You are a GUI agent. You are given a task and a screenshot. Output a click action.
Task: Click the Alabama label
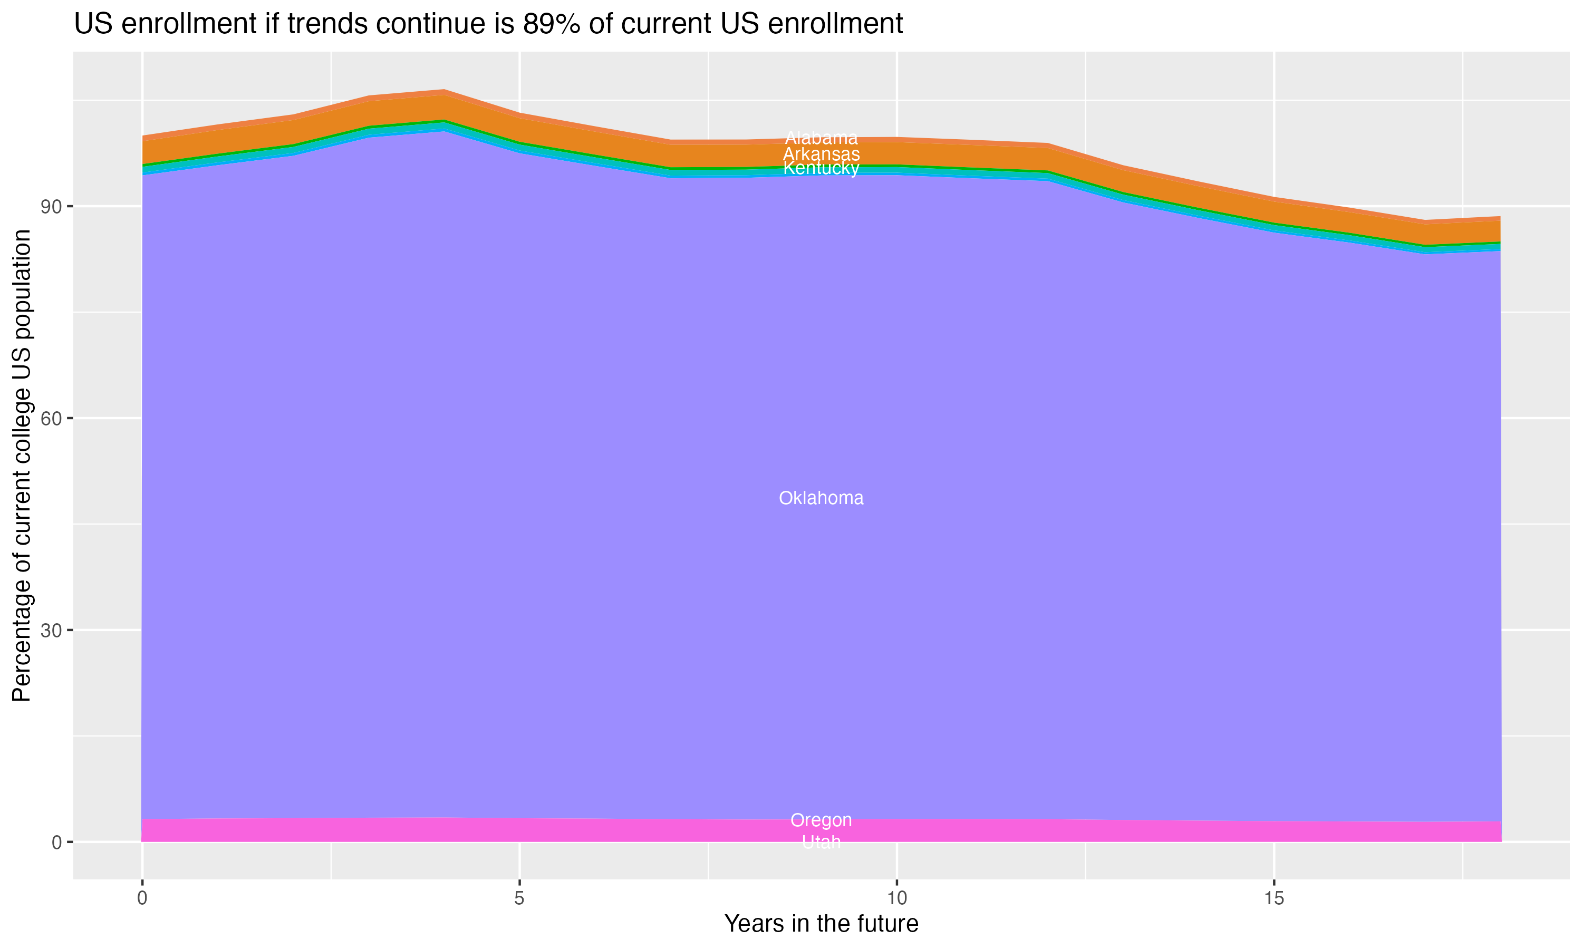click(x=821, y=138)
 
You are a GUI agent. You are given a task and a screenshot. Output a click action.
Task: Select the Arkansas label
click(x=821, y=154)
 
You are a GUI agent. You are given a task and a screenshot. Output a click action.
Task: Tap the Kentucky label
click(x=821, y=168)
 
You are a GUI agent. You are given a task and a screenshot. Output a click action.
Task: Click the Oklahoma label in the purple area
click(x=821, y=498)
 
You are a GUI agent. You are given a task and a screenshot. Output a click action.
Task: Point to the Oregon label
click(x=821, y=820)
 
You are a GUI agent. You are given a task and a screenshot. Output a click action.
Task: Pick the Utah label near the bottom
click(x=821, y=842)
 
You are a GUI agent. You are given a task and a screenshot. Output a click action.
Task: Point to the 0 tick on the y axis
click(x=57, y=842)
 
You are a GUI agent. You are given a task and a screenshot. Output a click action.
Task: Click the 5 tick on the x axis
click(x=519, y=898)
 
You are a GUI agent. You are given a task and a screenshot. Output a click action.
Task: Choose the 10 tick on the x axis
click(x=897, y=898)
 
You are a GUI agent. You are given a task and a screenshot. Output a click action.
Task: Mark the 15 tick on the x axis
click(x=1274, y=898)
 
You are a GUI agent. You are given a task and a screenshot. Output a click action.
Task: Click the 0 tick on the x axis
click(x=142, y=898)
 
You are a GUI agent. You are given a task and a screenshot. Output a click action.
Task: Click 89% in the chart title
click(x=547, y=24)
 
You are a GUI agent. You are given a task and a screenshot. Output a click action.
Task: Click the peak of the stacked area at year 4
click(x=445, y=90)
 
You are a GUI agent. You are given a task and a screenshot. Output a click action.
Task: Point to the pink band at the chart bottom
click(x=448, y=830)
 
